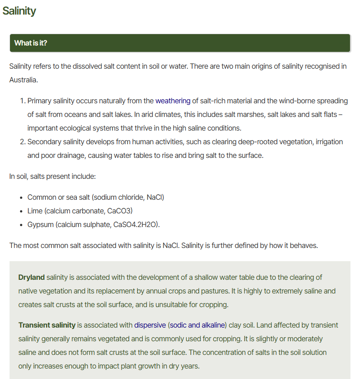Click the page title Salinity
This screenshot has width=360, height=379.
pos(19,11)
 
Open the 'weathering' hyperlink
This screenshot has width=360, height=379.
pos(173,101)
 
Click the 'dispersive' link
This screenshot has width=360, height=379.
pos(150,325)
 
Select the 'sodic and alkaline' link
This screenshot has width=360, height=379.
pos(197,325)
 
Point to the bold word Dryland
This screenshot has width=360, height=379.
pos(31,277)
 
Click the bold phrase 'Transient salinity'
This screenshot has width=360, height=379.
pos(47,325)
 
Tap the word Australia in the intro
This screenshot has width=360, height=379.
pos(23,80)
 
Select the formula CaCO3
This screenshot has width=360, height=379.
pos(120,211)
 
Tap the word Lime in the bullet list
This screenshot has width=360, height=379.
pos(35,211)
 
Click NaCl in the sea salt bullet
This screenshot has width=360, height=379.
pos(155,197)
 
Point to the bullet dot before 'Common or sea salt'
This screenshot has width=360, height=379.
pos(21,197)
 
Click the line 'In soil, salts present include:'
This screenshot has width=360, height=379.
pos(52,176)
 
